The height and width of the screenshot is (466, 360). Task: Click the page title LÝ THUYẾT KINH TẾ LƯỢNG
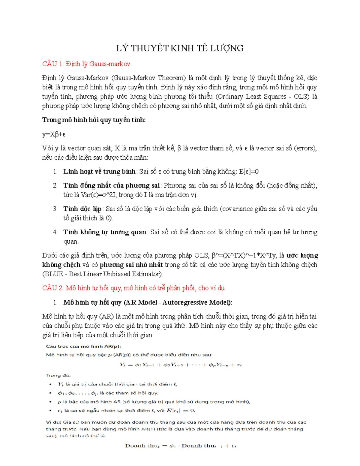click(180, 48)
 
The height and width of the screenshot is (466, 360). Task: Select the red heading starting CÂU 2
click(133, 288)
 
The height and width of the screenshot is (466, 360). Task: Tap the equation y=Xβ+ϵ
click(54, 134)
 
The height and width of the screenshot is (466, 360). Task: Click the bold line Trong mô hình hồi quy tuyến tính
click(94, 120)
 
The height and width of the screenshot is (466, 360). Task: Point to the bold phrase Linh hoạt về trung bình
click(99, 172)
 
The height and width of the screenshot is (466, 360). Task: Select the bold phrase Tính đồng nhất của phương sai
click(111, 185)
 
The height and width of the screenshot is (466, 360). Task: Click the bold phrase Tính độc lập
click(82, 209)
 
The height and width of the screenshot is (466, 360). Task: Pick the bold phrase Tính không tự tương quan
click(105, 232)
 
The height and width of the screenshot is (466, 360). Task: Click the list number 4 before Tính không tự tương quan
click(55, 232)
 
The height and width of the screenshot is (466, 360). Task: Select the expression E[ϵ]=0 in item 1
click(249, 172)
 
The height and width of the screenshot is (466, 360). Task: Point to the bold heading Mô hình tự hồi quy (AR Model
click(148, 302)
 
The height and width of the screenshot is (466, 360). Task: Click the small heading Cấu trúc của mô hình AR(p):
click(83, 346)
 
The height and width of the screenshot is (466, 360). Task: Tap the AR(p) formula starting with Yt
click(180, 365)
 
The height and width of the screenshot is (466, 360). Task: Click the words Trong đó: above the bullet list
click(58, 375)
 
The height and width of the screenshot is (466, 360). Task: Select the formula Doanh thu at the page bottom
click(180, 446)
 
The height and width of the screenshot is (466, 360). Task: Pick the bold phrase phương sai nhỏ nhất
click(131, 265)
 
